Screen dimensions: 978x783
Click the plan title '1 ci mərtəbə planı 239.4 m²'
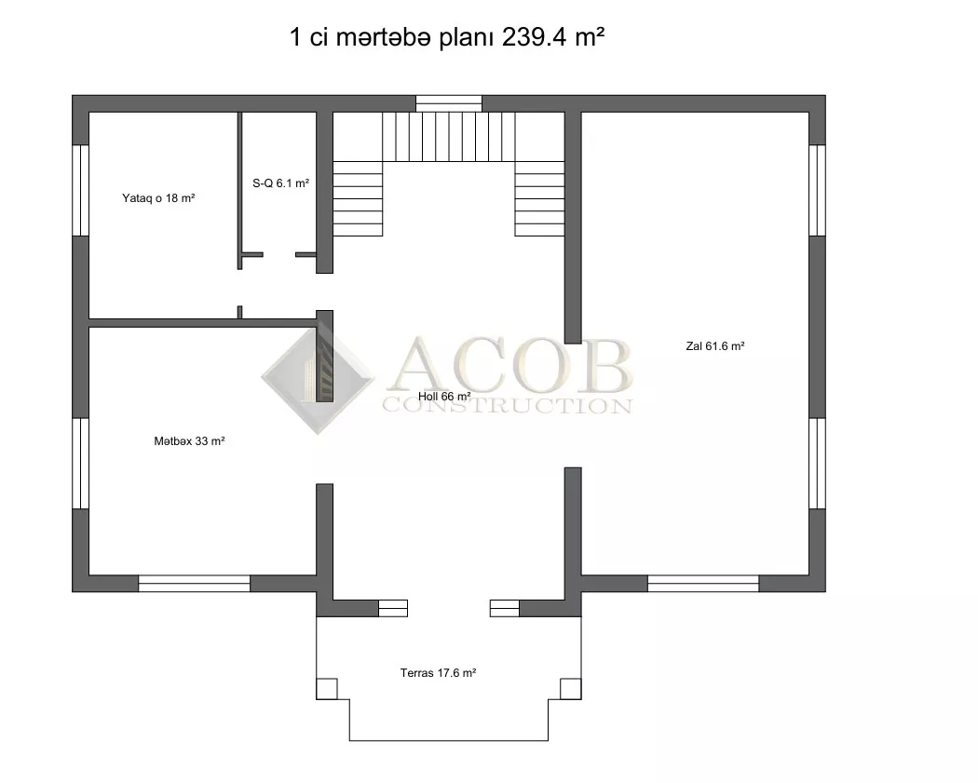447,37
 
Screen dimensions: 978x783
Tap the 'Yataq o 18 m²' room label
158,198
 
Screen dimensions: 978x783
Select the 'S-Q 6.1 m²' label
280,183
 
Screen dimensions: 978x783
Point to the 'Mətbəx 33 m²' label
189,440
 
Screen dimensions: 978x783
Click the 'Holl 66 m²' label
444,397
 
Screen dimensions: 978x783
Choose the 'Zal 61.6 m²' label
714,346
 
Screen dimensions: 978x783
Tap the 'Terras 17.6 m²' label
438,672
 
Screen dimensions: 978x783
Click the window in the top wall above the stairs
449,103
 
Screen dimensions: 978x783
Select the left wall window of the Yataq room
80,190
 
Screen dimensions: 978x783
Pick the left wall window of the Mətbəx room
80,464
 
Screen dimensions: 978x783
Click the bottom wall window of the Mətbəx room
194,584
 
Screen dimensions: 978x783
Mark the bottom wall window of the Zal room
703,584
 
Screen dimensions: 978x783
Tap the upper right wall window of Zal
818,190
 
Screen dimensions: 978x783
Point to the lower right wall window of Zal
818,464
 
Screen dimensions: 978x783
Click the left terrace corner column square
327,689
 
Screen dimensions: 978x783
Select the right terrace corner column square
571,689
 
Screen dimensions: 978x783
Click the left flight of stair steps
358,198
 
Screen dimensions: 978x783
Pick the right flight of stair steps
539,198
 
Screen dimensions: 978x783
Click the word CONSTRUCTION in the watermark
507,406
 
